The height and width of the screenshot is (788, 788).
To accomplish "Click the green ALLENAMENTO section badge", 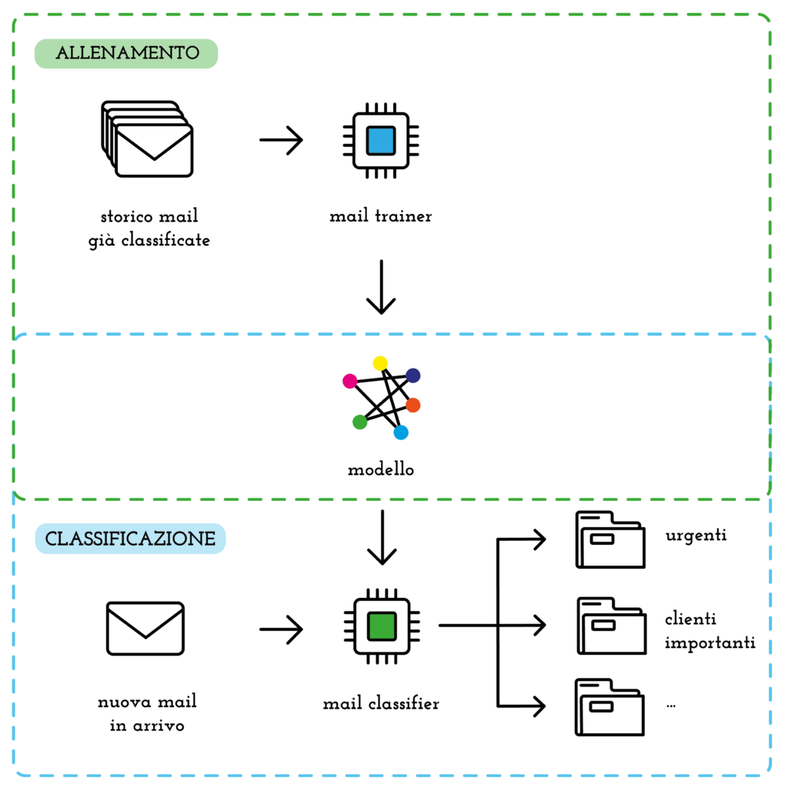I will coord(126,54).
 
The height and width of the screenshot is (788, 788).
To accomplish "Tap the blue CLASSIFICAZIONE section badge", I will coord(130,539).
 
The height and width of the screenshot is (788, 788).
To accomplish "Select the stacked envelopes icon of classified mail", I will coord(148,140).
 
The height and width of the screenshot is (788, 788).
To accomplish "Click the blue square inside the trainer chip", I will coord(380,141).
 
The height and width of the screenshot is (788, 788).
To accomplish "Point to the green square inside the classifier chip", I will coord(381,626).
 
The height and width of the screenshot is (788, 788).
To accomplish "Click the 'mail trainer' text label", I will coord(380,216).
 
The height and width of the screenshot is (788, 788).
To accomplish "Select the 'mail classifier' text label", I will coord(381,703).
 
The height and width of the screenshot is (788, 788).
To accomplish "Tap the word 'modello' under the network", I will coord(381,469).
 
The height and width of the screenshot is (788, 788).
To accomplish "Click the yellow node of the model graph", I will coord(380,363).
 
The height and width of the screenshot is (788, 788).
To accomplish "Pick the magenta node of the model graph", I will coord(349,381).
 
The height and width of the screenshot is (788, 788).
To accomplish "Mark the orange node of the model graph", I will coord(413,405).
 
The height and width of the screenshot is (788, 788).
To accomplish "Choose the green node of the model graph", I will coord(359,422).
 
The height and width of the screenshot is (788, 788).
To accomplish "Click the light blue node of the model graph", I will coord(401,433).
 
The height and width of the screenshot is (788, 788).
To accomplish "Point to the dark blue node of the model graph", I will coord(413,376).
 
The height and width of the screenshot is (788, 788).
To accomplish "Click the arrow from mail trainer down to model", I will coord(381,287).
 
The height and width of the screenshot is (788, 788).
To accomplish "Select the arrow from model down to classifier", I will coord(381,539).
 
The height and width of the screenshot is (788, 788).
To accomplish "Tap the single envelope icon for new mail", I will coord(145,628).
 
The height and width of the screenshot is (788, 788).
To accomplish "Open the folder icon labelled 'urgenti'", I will coord(610,540).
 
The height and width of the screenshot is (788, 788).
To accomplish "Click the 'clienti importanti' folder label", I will coord(710,631).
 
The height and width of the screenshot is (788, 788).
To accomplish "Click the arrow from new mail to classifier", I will coord(282,629).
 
